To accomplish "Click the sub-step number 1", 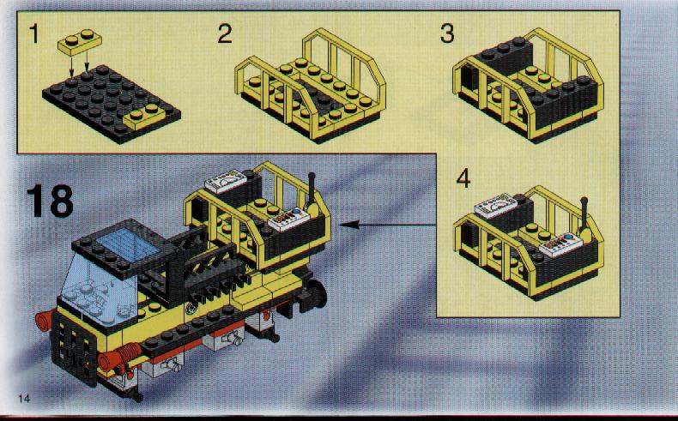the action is click(x=34, y=33).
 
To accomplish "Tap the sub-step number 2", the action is click(x=225, y=33).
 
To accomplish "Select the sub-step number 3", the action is click(x=447, y=33).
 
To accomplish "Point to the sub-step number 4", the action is click(x=463, y=178).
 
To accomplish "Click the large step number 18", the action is click(x=50, y=201).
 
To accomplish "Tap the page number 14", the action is click(x=24, y=398).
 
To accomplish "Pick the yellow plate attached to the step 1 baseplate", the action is click(x=145, y=116).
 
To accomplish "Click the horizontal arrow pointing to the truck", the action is click(x=388, y=225).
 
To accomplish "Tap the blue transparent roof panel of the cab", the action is click(x=127, y=244).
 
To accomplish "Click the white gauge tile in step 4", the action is click(x=496, y=205).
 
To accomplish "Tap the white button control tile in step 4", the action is click(x=560, y=245).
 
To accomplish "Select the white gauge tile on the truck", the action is click(x=225, y=181).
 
